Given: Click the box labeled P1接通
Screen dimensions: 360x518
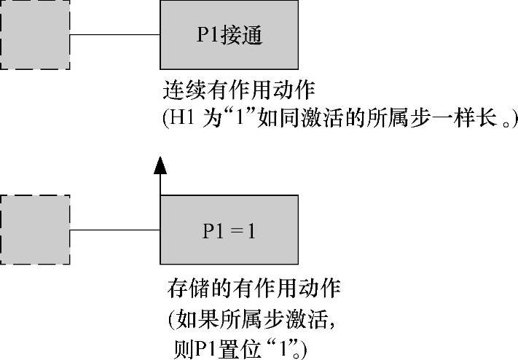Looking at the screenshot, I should [x=229, y=35].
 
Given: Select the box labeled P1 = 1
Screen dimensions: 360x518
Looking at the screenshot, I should [x=229, y=230].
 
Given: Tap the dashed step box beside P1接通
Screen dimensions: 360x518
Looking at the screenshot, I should [x=34, y=35].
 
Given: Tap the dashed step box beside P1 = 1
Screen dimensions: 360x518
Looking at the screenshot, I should [x=34, y=230].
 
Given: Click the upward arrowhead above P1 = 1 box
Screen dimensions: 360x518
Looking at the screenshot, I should [x=160, y=167].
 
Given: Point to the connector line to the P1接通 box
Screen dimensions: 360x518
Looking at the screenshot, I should [x=114, y=35].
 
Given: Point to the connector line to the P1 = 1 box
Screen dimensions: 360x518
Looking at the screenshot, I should [x=114, y=230].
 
